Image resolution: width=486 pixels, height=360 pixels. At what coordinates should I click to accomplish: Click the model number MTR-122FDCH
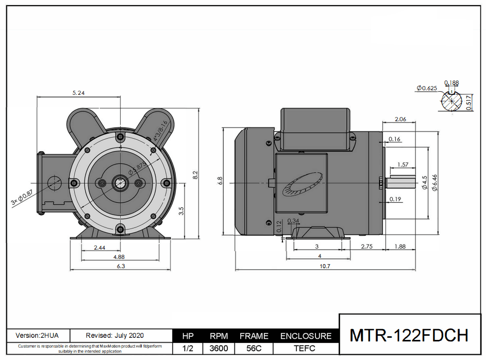coord(409,335)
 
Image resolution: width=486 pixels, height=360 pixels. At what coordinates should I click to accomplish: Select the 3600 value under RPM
coord(219,348)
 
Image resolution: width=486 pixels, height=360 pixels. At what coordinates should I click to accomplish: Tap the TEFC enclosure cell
coord(306,348)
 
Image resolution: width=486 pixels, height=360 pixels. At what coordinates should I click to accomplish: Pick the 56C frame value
coord(254,348)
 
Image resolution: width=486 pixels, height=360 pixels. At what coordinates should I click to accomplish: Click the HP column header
coord(188,336)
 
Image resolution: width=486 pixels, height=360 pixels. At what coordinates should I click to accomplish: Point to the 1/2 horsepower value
coord(188,348)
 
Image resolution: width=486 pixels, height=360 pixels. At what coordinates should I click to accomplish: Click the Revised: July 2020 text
coord(115,335)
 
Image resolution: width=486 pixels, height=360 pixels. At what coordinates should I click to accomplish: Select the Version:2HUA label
coord(37,335)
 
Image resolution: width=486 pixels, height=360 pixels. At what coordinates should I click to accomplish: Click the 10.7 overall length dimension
coord(325,266)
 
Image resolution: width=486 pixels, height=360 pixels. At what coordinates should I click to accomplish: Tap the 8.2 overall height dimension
coord(195,175)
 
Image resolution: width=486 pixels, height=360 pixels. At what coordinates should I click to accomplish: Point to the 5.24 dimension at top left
coord(79,93)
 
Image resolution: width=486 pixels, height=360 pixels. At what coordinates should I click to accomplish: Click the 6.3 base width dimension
coord(121,266)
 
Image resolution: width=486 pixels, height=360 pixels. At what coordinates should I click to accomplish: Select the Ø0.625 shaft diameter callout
coord(427,88)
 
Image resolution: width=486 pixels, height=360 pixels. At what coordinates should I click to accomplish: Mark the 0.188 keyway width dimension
coord(451,83)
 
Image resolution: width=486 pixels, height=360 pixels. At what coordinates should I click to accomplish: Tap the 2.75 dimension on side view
coord(367,247)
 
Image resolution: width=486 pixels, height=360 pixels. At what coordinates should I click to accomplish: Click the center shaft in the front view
coord(120,183)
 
